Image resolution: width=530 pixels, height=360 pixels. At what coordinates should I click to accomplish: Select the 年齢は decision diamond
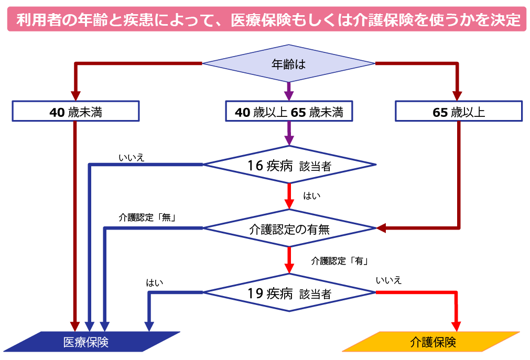tap(289, 64)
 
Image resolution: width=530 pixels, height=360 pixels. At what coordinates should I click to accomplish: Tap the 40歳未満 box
tap(75, 111)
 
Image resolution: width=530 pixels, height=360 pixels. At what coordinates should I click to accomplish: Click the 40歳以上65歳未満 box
tap(289, 111)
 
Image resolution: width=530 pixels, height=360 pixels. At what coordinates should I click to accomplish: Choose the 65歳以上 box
tap(458, 111)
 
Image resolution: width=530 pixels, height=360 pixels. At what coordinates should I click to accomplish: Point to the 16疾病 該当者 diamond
tap(289, 165)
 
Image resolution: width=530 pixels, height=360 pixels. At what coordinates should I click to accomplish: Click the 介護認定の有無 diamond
tap(289, 228)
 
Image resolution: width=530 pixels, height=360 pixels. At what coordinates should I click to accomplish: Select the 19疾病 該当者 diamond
tap(289, 292)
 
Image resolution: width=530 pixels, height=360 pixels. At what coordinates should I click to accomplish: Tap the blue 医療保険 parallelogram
tap(92, 342)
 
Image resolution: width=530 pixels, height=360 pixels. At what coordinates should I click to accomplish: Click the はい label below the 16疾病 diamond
tap(312, 195)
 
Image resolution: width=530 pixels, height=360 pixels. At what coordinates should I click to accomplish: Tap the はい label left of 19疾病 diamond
tap(155, 283)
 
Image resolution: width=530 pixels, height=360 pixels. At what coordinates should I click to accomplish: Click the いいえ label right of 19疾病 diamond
tap(388, 280)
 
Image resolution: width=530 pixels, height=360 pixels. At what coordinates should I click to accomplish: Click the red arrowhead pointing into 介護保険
tap(457, 325)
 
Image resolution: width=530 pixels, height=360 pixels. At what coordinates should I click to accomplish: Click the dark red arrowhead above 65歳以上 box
tap(457, 95)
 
